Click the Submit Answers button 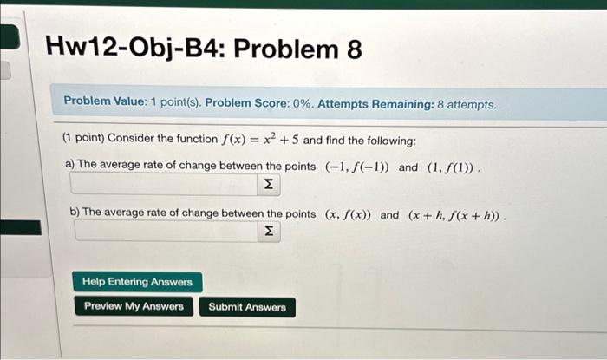click(x=247, y=307)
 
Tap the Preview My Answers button click(x=134, y=306)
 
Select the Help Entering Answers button click(x=137, y=282)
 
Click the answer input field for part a click(x=164, y=184)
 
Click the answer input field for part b click(x=166, y=231)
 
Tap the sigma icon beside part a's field click(x=269, y=184)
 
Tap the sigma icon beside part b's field click(x=269, y=231)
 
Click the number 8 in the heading click(x=354, y=49)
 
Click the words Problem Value click(x=103, y=101)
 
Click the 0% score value click(x=303, y=104)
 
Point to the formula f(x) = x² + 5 click(x=260, y=139)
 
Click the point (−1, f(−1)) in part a click(x=357, y=167)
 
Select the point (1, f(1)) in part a click(x=451, y=168)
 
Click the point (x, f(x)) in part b click(x=348, y=214)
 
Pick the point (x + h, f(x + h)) click(x=454, y=216)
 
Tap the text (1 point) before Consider click(x=83, y=137)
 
